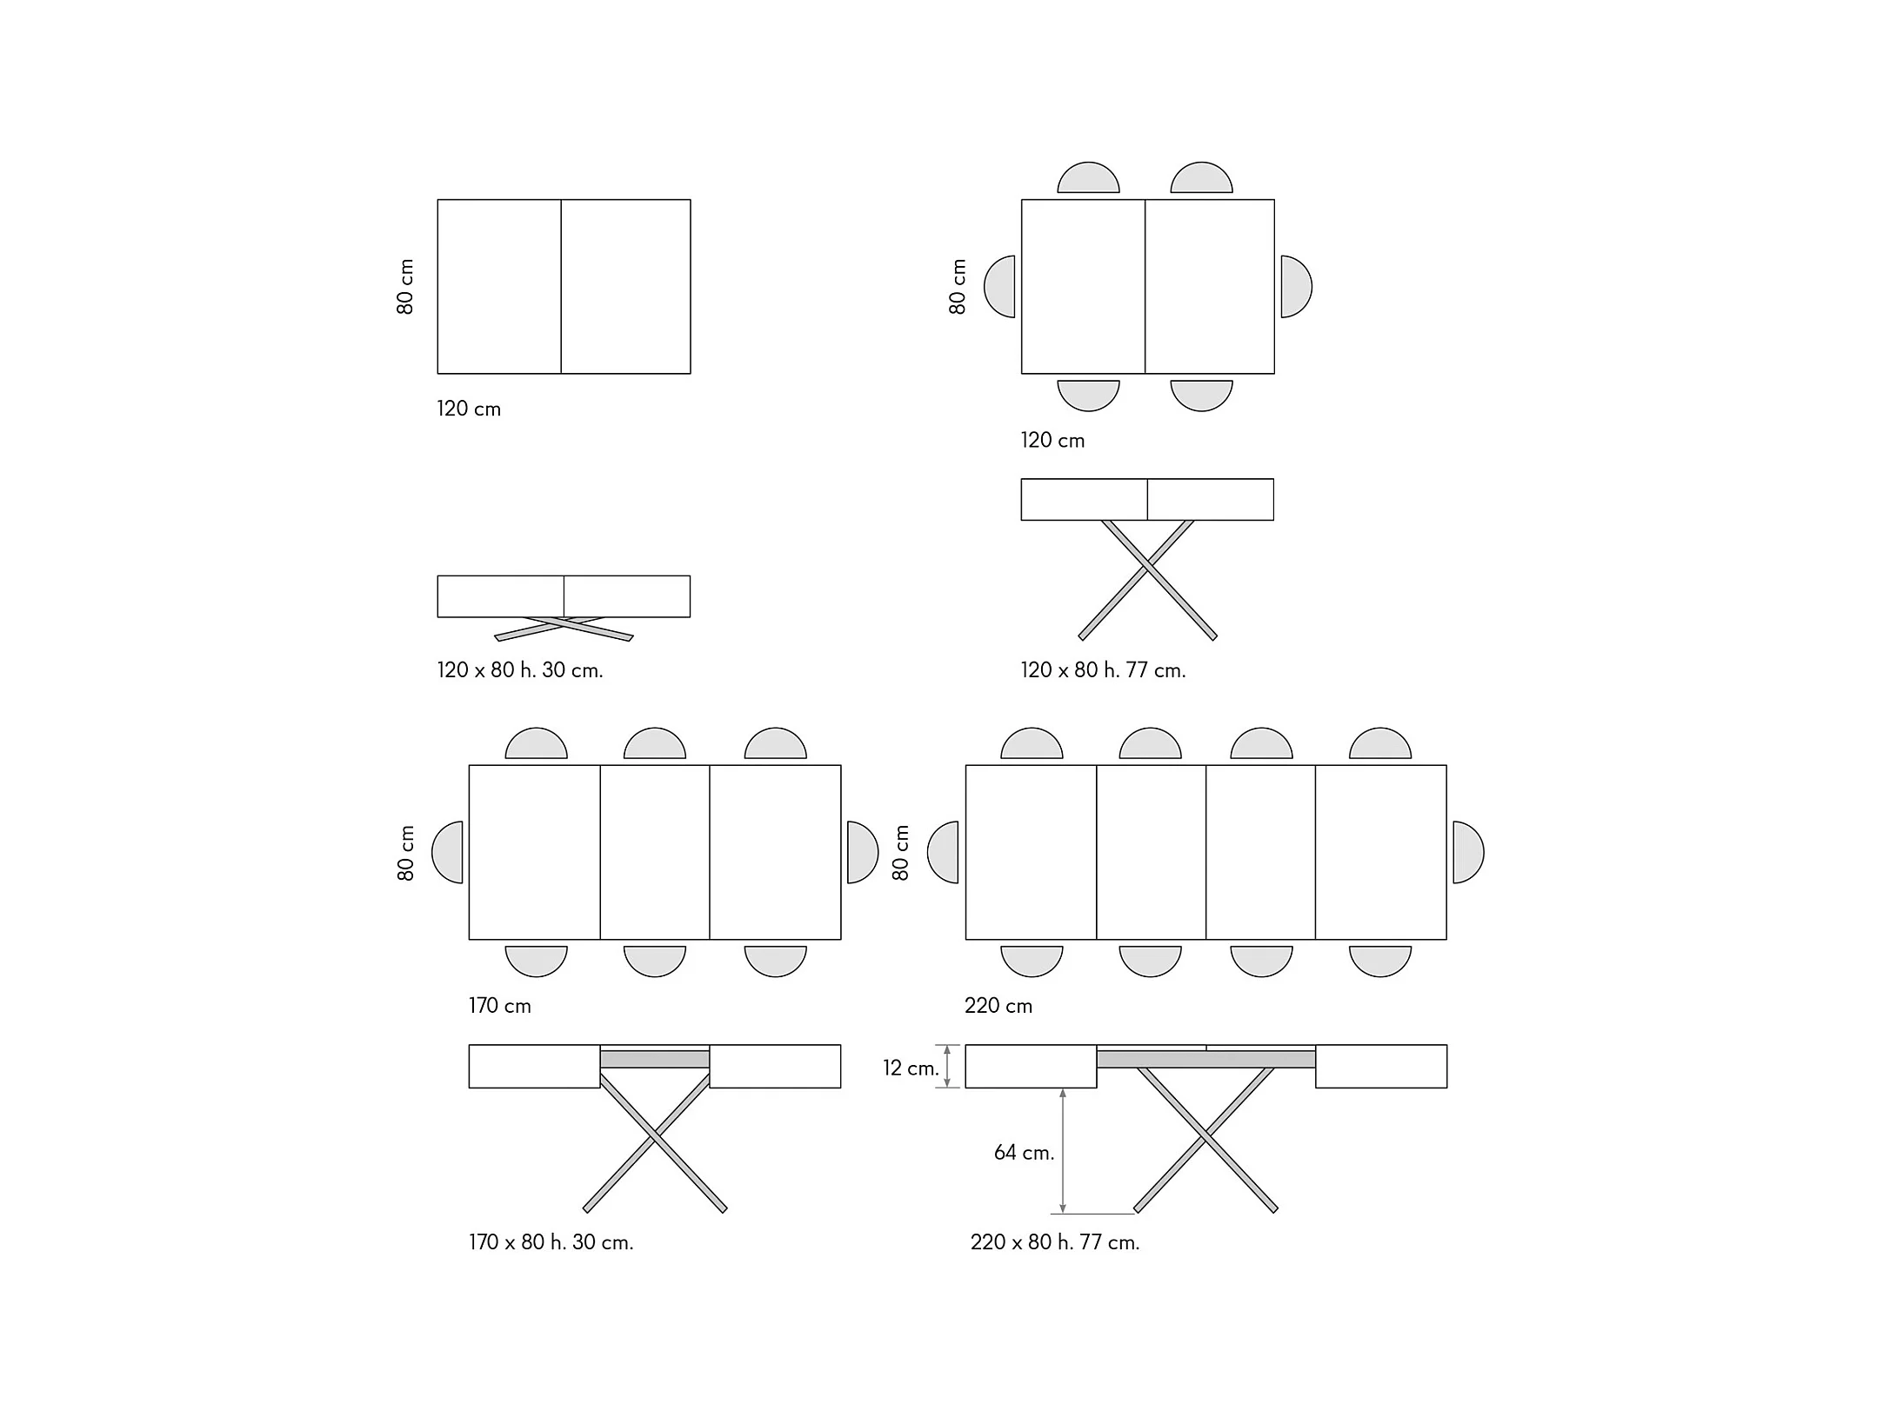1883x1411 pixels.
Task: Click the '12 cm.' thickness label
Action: point(911,1068)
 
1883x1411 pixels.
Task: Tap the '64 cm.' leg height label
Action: point(1024,1153)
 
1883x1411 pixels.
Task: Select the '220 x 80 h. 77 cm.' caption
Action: point(1054,1242)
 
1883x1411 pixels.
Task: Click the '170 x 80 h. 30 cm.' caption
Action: point(551,1242)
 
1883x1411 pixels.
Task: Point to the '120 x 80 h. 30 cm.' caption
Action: point(519,670)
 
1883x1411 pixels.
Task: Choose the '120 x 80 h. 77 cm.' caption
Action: point(1103,670)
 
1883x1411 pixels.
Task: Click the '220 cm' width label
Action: point(998,1006)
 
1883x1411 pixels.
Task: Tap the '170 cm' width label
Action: point(499,1006)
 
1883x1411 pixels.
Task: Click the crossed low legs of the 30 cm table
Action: point(564,628)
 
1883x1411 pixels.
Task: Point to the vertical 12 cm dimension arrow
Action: point(948,1066)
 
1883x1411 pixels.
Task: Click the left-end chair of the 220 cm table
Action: point(944,852)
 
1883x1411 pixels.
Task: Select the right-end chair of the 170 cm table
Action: point(862,852)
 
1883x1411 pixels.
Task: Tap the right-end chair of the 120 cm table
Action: point(1295,286)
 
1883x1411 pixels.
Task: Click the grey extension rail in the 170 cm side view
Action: point(654,1059)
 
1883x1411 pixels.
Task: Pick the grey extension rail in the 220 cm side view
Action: point(1205,1059)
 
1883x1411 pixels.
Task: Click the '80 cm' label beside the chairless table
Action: point(405,286)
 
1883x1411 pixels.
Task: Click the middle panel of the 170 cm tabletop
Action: point(654,852)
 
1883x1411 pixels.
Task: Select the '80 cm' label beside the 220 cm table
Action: point(901,852)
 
